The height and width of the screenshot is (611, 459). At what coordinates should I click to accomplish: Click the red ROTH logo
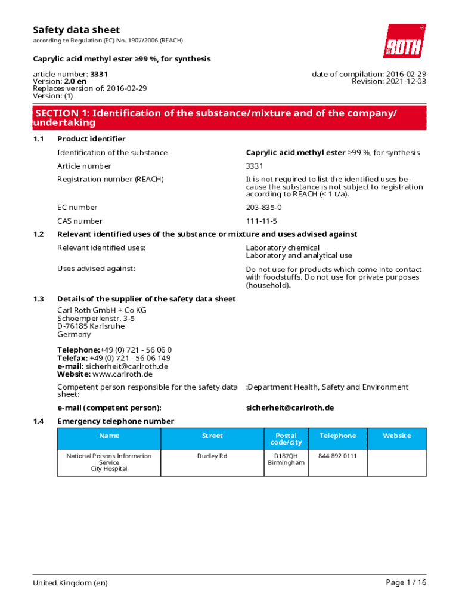pyautogui.click(x=404, y=41)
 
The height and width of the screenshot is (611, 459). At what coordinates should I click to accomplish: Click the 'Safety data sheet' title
pyautogui.click(x=76, y=30)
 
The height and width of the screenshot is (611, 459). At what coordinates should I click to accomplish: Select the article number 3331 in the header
pyautogui.click(x=99, y=74)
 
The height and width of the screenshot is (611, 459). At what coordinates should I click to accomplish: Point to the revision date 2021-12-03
pyautogui.click(x=402, y=81)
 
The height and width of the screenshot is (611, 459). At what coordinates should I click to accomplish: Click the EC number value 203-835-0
pyautogui.click(x=264, y=208)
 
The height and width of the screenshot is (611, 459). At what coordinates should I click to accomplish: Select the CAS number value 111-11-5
pyautogui.click(x=262, y=221)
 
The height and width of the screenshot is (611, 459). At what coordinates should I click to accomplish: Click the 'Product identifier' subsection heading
pyautogui.click(x=91, y=139)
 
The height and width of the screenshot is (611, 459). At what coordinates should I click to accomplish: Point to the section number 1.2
pyautogui.click(x=39, y=234)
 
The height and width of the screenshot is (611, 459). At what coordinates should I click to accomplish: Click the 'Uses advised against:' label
pyautogui.click(x=96, y=269)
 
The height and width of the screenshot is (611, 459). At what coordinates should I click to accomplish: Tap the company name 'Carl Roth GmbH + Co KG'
pyautogui.click(x=101, y=310)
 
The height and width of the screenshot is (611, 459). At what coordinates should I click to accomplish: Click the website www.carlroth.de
pyautogui.click(x=122, y=374)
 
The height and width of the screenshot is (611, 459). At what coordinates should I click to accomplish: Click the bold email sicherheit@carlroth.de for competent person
pyautogui.click(x=290, y=408)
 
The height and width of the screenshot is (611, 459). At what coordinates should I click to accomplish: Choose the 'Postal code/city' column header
pyautogui.click(x=286, y=439)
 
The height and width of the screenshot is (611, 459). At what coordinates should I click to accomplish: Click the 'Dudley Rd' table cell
pyautogui.click(x=212, y=456)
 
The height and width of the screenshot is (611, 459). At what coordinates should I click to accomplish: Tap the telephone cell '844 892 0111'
pyautogui.click(x=337, y=456)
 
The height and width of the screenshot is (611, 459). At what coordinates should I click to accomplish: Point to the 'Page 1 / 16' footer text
pyautogui.click(x=406, y=582)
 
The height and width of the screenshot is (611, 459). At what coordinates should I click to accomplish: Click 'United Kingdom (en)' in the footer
pyautogui.click(x=70, y=582)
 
